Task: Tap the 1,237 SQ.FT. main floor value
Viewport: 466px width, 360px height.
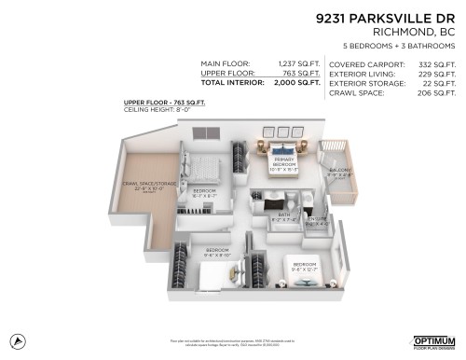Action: tap(297, 63)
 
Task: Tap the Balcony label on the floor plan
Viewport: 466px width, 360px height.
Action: tap(340, 172)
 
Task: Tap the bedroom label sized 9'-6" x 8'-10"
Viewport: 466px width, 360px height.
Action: tap(218, 252)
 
